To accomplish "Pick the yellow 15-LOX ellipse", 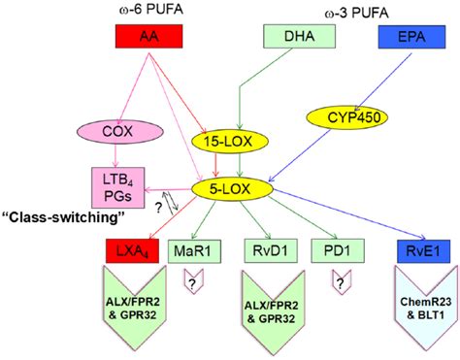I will click(x=233, y=142).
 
